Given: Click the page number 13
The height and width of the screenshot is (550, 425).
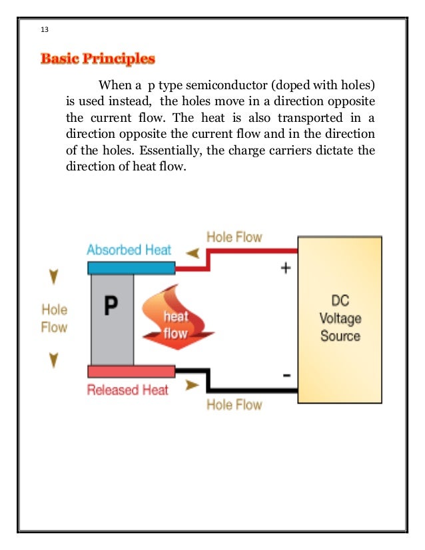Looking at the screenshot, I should coord(45,31).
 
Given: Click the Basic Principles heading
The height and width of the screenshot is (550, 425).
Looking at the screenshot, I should coord(98,60).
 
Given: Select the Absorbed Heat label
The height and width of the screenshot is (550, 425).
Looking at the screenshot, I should coord(129,250).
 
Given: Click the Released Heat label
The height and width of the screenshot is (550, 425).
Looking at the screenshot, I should coord(128,390).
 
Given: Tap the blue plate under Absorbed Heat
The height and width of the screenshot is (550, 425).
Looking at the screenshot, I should coord(131,268).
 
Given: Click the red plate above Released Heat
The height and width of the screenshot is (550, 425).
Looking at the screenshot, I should coord(131,372).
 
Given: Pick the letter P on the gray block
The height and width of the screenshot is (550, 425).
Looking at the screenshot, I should coord(111,306).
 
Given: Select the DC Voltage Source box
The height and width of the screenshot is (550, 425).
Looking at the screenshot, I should coord(340,320).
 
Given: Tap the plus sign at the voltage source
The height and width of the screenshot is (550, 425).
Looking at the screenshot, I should coord(286,269).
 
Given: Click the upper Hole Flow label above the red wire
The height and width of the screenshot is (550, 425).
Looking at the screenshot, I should coord(234,237).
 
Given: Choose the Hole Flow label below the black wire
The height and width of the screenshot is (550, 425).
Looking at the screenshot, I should coord(234,404).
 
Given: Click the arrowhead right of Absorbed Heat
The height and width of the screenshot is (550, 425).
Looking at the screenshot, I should coord(192,252).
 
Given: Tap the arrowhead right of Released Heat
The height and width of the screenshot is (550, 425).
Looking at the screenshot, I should coord(192,385).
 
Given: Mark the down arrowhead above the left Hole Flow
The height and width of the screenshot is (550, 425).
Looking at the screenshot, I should coord(54,276).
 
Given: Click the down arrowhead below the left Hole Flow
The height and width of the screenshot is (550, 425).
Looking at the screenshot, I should coord(54,361).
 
